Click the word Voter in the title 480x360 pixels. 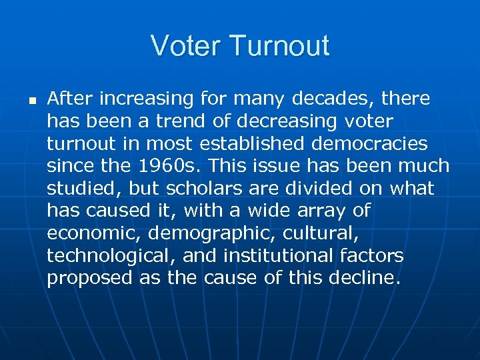(x=187, y=46)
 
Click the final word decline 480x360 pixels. (x=365, y=279)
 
